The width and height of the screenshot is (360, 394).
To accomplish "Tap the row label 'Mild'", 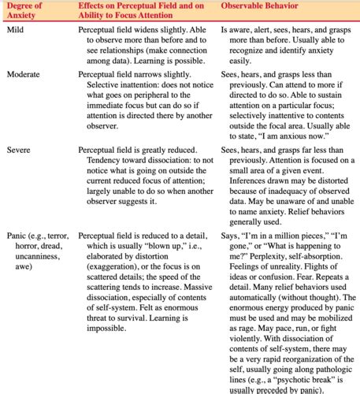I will coord(16,28).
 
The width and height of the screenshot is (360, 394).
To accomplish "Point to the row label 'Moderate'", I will coord(24,74).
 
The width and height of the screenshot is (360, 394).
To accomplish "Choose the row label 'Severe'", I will coord(19,149).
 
